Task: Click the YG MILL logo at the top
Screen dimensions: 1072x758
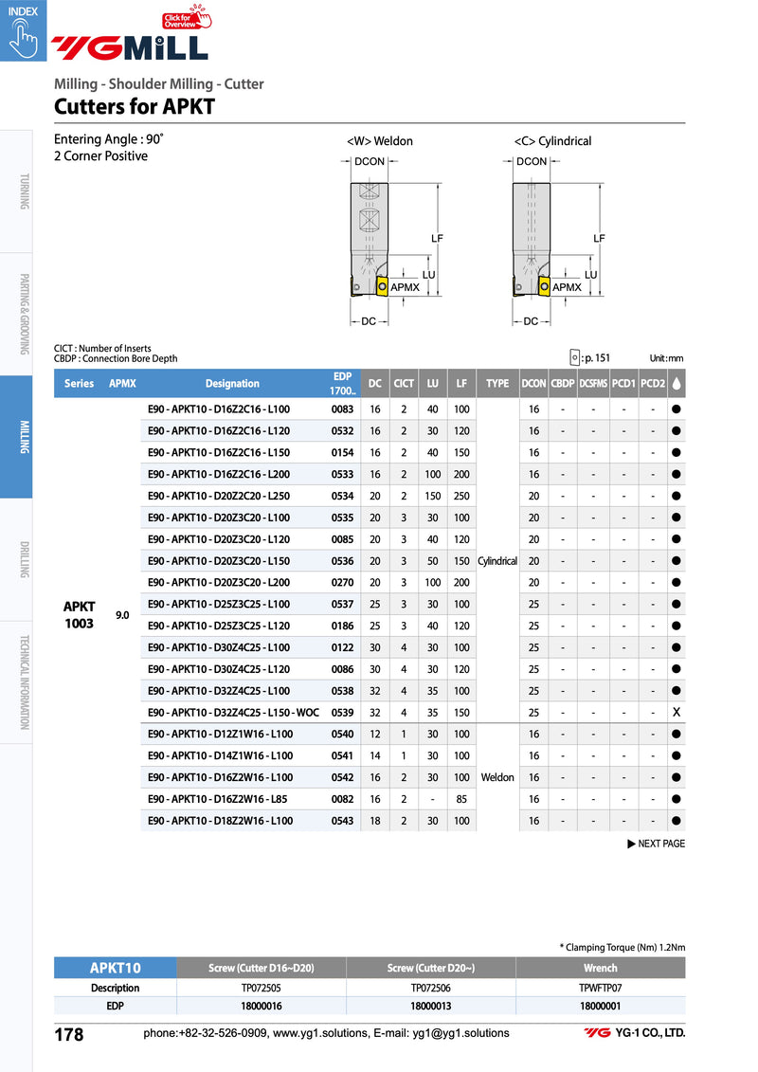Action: (x=129, y=46)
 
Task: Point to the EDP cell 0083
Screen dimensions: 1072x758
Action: (x=342, y=409)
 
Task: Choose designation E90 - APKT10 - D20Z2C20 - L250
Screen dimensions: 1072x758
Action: (x=219, y=496)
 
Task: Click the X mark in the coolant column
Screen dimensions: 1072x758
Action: (x=677, y=712)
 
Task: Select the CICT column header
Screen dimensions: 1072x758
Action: (x=404, y=384)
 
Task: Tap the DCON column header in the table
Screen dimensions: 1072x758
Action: (x=533, y=384)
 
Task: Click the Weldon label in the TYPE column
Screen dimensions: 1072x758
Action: (x=497, y=777)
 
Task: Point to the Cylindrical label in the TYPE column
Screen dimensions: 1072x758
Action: (x=497, y=561)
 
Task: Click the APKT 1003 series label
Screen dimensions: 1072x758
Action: (x=79, y=615)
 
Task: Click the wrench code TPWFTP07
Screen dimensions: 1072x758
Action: (x=600, y=988)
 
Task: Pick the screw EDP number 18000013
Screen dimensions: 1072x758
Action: (x=430, y=1006)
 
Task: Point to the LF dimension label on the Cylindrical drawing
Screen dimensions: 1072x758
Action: (x=599, y=239)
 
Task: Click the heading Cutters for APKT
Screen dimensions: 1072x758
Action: (x=134, y=107)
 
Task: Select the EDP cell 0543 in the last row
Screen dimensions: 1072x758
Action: (x=342, y=821)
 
